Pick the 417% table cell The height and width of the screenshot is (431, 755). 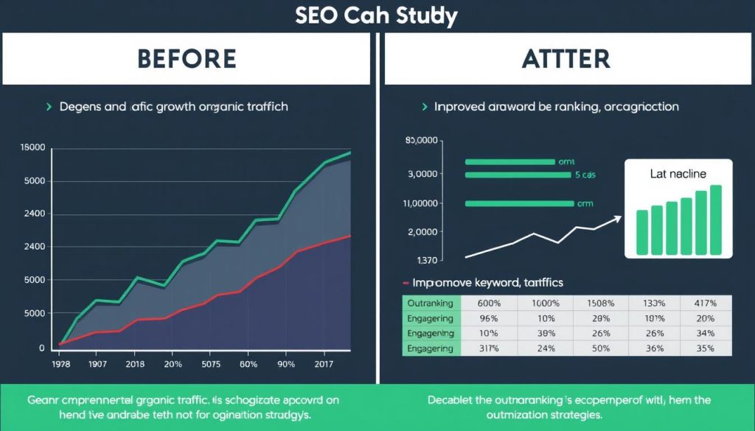[704, 303]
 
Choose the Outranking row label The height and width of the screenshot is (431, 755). [431, 303]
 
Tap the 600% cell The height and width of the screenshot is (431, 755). [489, 303]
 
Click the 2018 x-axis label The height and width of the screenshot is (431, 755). [135, 364]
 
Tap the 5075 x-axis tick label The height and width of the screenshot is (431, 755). [212, 364]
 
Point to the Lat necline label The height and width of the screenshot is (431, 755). [678, 174]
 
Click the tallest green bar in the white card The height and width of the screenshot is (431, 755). [715, 220]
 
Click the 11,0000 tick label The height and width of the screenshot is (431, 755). [421, 203]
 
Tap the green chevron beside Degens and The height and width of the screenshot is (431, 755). [49, 107]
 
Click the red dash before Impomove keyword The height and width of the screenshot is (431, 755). [405, 283]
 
